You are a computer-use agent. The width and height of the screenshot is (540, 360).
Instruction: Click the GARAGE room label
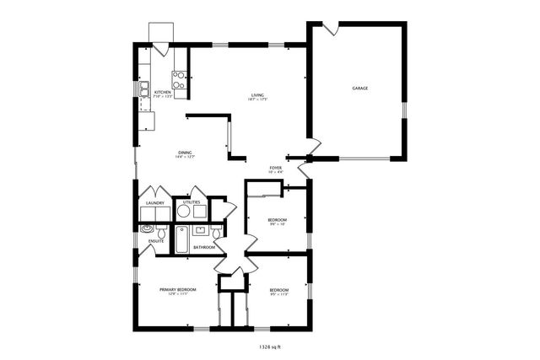click(x=359, y=88)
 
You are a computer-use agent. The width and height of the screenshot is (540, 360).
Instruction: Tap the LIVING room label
click(x=257, y=94)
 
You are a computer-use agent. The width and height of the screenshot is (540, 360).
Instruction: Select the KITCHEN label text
click(x=162, y=92)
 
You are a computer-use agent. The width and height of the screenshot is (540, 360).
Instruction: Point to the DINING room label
click(x=185, y=152)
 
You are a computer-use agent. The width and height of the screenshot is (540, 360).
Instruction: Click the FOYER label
click(x=276, y=168)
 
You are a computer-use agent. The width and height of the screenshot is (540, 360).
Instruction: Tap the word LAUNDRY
click(x=154, y=203)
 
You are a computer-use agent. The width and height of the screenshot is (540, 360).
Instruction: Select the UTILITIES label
click(x=192, y=202)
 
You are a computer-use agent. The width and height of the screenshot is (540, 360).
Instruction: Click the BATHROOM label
click(x=203, y=247)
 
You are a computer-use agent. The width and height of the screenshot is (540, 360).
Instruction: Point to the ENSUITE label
click(x=156, y=241)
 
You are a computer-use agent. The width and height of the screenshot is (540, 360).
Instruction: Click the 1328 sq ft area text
click(x=269, y=345)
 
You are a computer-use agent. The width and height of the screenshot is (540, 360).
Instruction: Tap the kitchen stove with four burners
click(x=180, y=79)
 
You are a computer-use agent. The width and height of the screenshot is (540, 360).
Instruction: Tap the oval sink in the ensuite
click(x=146, y=228)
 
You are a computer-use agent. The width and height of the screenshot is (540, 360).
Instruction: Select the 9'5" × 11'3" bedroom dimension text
click(x=279, y=294)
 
